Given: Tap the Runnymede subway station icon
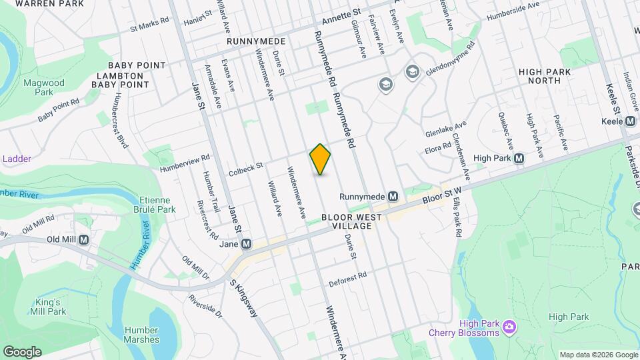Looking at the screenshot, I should (393, 197).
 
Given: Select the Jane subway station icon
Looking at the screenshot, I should (247, 244).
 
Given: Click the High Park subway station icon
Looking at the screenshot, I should (519, 159).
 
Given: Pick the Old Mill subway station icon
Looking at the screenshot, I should (84, 239).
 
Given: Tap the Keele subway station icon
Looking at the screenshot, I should (630, 121).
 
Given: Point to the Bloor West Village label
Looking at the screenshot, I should (351, 222).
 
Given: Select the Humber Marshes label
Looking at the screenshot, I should (141, 335).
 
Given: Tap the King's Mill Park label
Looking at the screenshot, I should (47, 307).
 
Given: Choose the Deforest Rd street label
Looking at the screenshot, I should (348, 275).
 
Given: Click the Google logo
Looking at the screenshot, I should (22, 351).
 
